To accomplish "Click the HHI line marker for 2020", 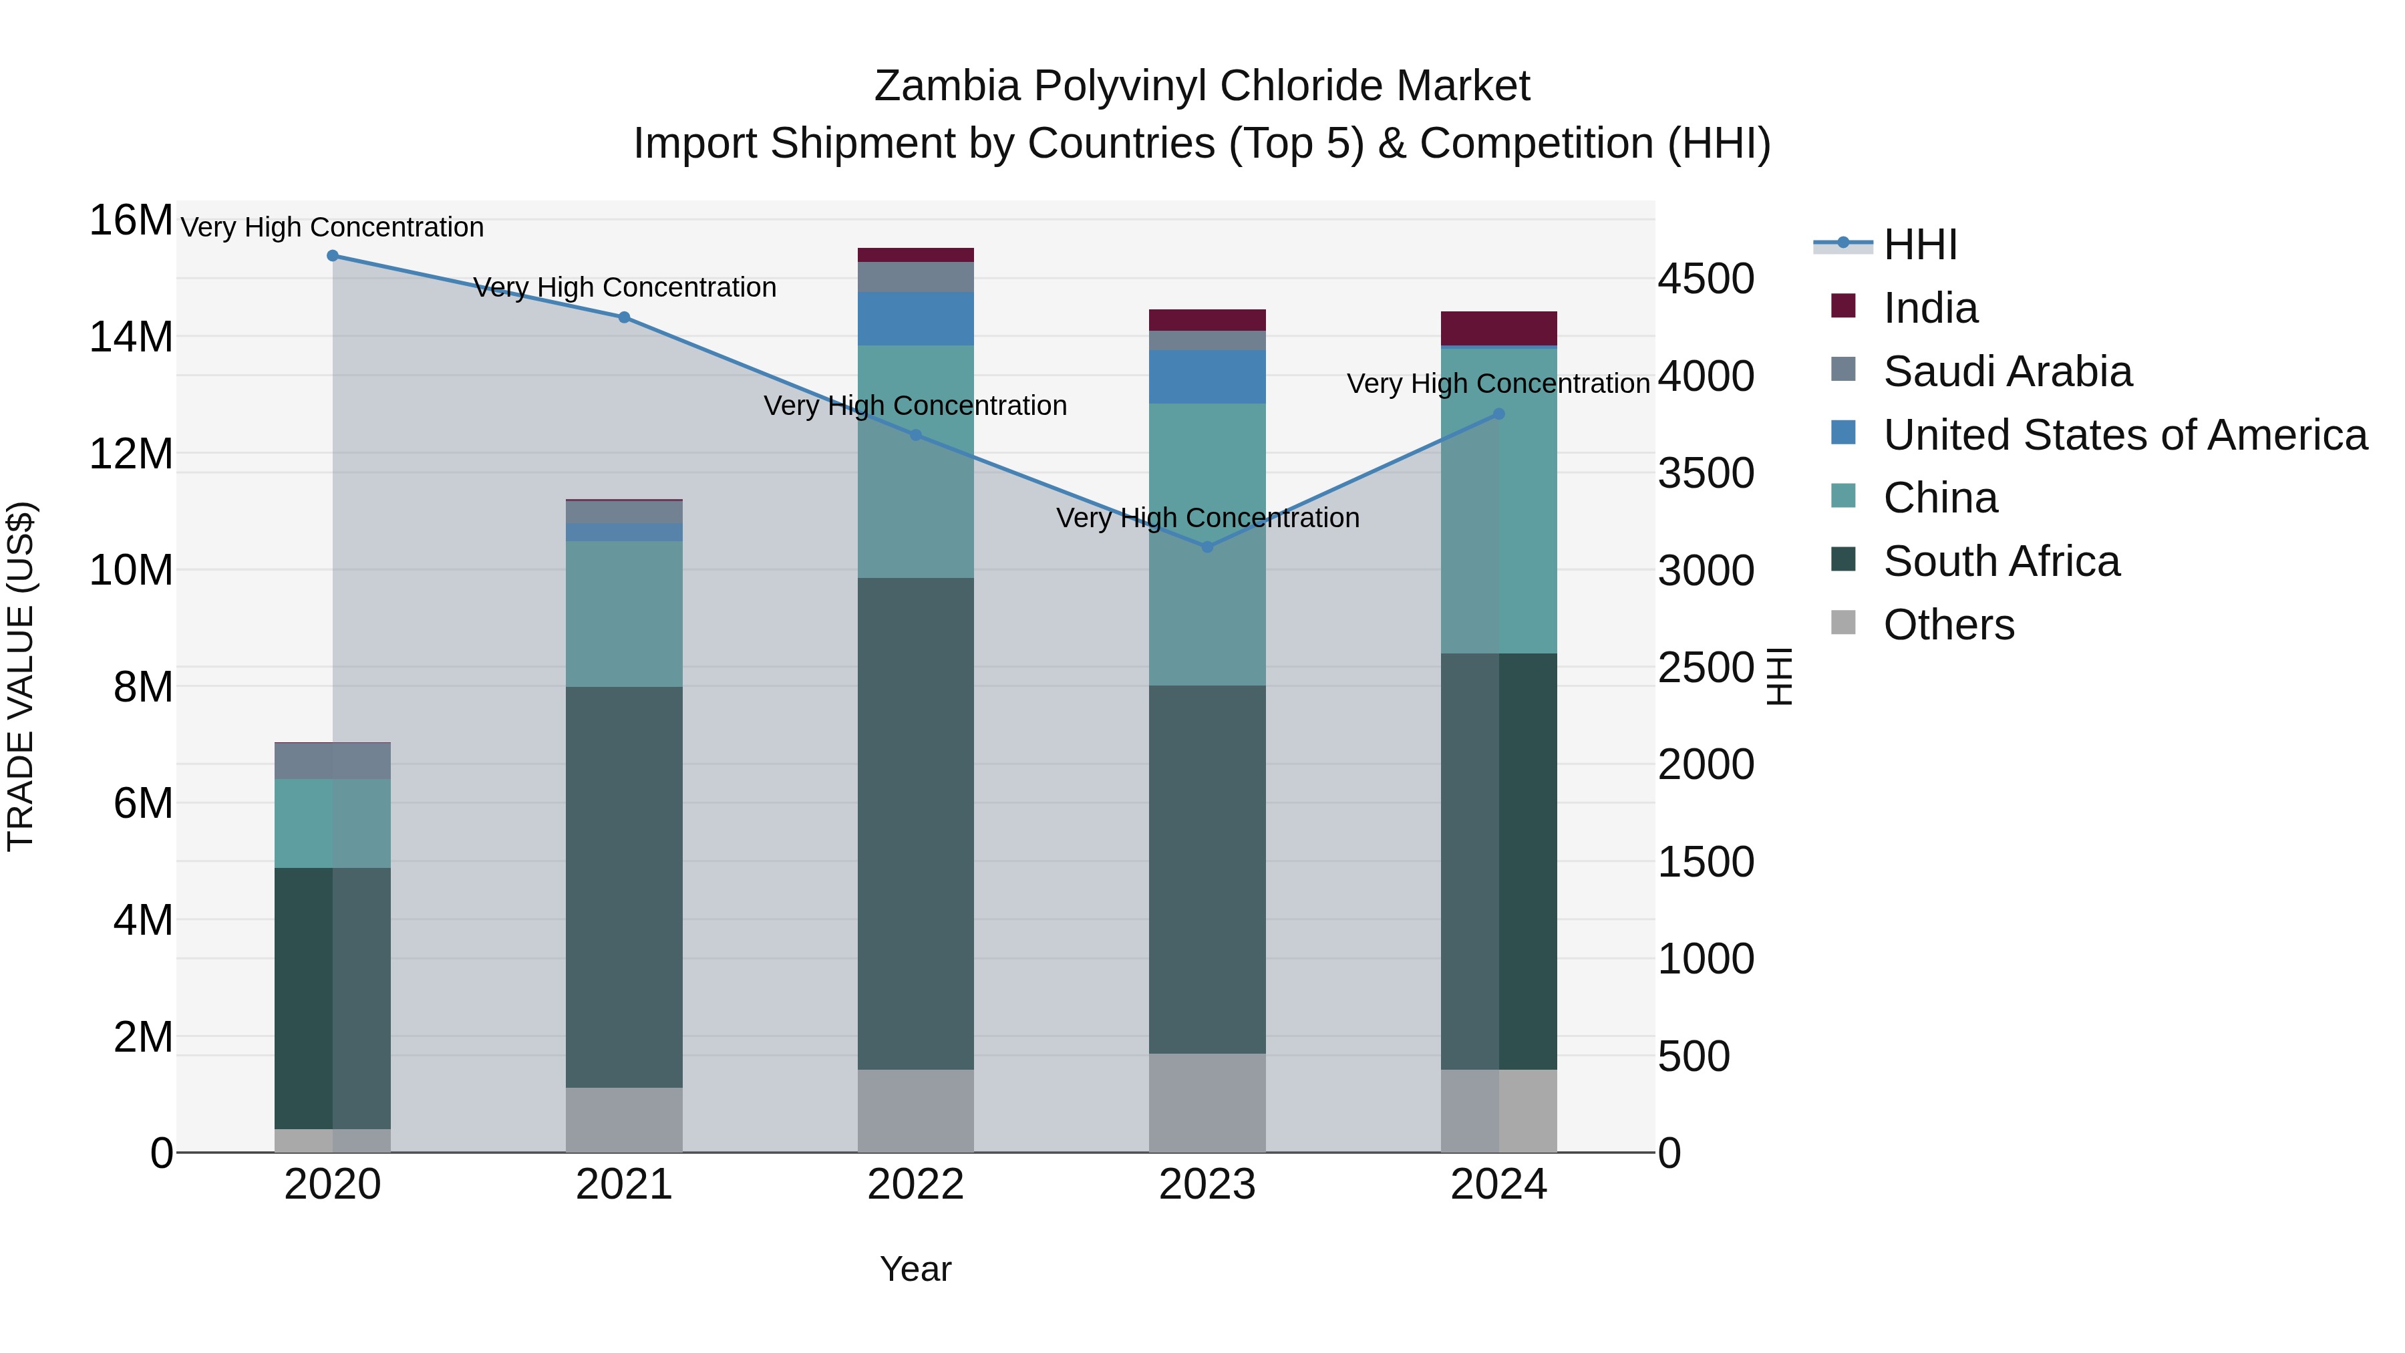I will coord(333,255).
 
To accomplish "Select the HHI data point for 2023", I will coord(1207,547).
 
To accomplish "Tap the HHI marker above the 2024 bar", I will coord(1498,414).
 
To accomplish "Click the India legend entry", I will coord(1930,308).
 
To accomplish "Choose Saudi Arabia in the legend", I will coord(2008,371).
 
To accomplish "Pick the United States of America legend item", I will coord(2124,435).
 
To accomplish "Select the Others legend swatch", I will coord(1843,622).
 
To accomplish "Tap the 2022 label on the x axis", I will coord(915,1185).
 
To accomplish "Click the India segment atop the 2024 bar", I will coord(1498,328).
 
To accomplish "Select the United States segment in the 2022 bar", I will coord(915,319).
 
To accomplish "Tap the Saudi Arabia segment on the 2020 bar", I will coord(333,761).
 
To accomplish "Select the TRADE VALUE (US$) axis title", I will coord(21,676).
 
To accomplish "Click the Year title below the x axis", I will coord(915,1269).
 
